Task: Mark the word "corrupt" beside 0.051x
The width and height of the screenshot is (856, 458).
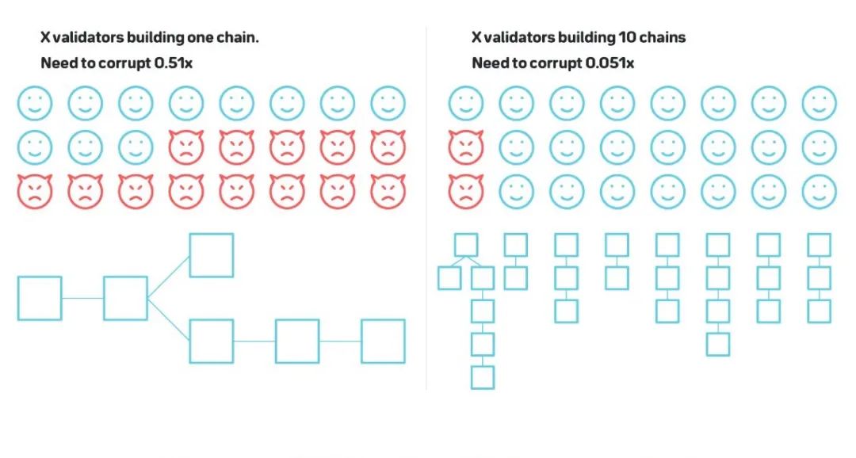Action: [x=553, y=63]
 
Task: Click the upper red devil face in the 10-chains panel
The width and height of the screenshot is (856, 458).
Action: [x=466, y=147]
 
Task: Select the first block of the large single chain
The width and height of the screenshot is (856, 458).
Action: [x=40, y=298]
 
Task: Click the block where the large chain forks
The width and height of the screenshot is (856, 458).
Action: [x=125, y=298]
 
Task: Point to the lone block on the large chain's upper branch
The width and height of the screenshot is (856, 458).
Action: [x=211, y=255]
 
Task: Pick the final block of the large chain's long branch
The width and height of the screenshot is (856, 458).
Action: [x=383, y=341]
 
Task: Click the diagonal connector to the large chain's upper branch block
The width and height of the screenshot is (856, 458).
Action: [x=168, y=277]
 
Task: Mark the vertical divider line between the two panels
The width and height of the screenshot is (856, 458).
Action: [x=426, y=206]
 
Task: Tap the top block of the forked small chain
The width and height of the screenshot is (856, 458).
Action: [x=465, y=245]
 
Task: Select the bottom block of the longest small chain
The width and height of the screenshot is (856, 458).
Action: [x=483, y=377]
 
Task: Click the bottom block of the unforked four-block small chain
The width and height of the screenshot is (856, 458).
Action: [x=718, y=344]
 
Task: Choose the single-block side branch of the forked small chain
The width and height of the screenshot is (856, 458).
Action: [x=449, y=278]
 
